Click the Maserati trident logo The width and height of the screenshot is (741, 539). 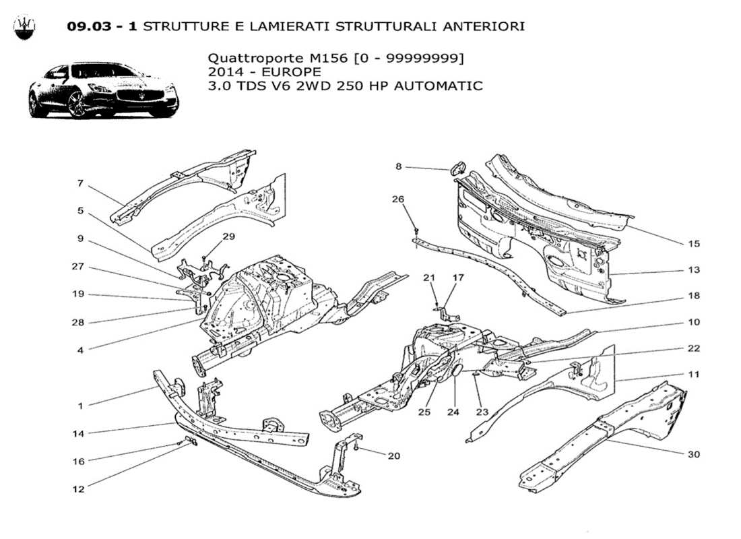25,26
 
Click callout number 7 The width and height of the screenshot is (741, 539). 79,183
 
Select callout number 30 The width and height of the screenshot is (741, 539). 693,454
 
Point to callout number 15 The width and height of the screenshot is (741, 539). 694,244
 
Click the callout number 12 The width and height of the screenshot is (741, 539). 79,489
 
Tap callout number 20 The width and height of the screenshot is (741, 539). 393,456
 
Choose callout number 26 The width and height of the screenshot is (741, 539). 398,199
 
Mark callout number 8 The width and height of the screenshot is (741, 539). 398,166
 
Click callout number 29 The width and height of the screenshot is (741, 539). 229,236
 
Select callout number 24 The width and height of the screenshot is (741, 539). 453,412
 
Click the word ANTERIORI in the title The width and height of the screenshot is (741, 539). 480,26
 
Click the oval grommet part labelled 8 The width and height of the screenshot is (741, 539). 457,166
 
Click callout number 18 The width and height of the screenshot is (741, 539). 694,296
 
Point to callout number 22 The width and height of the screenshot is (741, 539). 694,348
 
